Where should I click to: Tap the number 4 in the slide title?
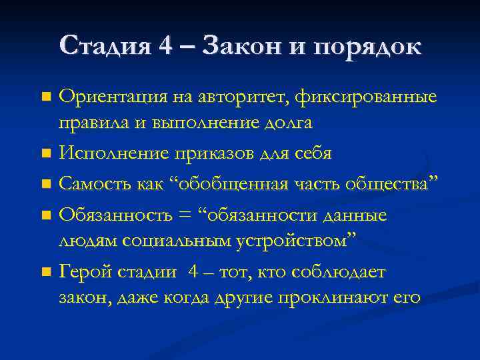pos(165,46)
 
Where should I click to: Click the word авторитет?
pos(233,98)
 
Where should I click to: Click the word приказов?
pos(205,153)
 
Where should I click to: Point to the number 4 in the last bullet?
pos(193,272)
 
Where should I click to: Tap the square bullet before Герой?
pos(45,272)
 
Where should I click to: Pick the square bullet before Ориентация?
pos(45,98)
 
